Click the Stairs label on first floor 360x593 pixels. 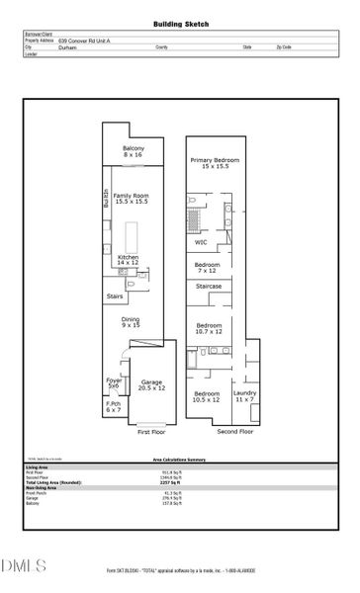(116, 296)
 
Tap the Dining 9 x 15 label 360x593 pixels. (131, 322)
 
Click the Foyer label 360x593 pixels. (115, 382)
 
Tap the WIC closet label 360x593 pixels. (201, 241)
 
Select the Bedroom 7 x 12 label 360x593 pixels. (207, 267)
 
